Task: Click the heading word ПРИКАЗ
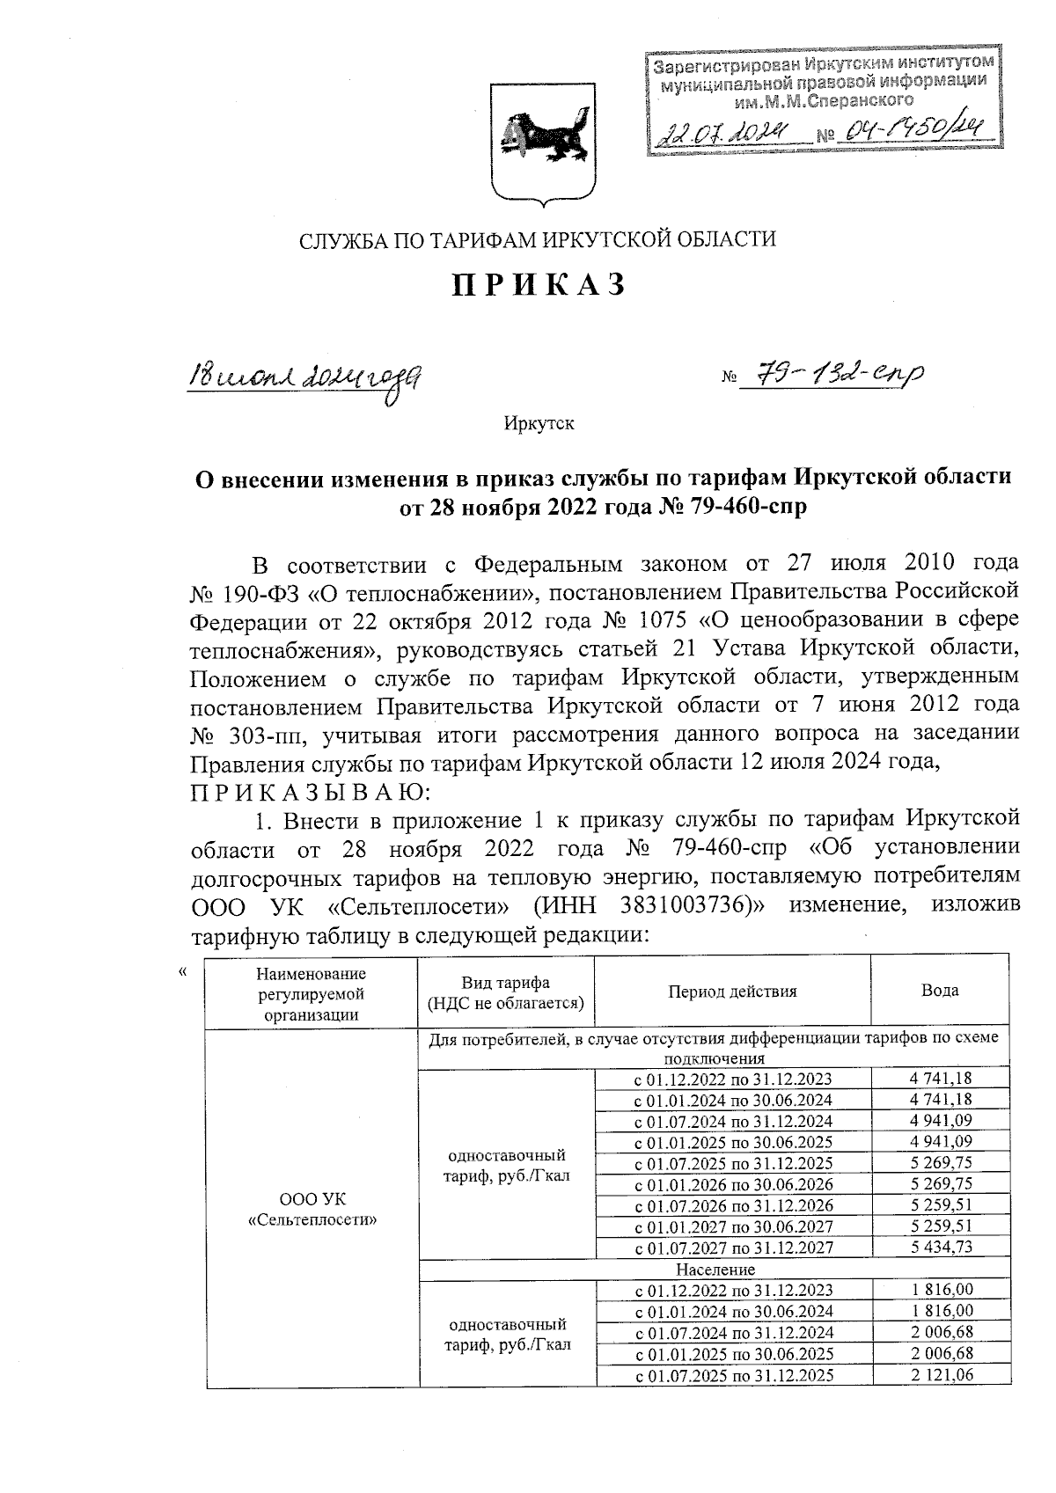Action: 539,285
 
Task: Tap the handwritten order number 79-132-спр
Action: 832,377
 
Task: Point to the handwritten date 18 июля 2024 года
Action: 304,381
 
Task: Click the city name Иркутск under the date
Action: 539,424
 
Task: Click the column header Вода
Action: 939,991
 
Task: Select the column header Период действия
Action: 731,991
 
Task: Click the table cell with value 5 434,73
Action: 940,1247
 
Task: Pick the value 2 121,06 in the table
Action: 940,1374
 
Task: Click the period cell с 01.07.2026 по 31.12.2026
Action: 733,1204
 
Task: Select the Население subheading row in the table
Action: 715,1269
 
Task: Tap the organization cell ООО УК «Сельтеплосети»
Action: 311,1210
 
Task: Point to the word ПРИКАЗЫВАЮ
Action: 308,792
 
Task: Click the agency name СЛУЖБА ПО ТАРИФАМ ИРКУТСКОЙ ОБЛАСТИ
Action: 538,239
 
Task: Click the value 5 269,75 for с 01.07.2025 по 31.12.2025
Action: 940,1162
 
